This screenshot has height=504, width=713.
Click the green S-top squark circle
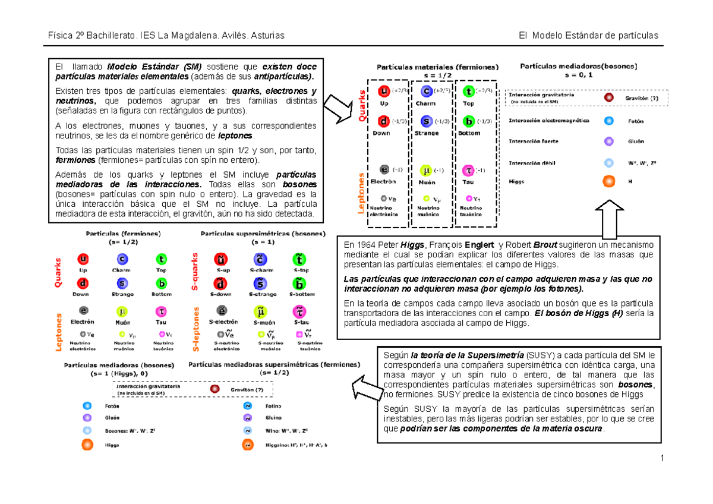299,260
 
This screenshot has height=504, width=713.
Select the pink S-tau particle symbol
299,311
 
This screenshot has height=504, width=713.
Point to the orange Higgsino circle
246,445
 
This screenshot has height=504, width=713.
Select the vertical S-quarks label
194,271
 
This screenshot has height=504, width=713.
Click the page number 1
661,458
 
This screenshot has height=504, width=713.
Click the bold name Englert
479,245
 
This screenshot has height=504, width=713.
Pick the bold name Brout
545,245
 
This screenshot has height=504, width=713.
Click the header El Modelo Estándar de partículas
588,36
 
